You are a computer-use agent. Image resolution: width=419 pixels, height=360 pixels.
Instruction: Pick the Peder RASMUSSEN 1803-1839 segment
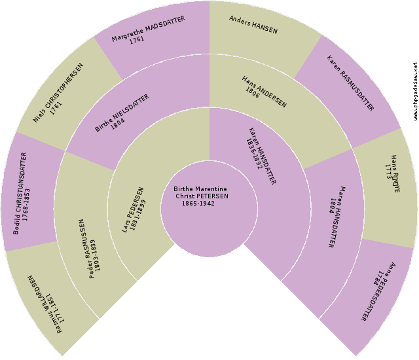(x=86, y=249)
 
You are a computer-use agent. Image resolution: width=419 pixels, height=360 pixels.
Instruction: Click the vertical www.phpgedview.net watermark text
(x=415, y=92)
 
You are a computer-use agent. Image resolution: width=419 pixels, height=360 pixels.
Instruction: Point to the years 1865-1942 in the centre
(x=198, y=203)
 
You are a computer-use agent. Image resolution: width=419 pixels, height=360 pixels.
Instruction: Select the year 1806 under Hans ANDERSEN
(x=252, y=92)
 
